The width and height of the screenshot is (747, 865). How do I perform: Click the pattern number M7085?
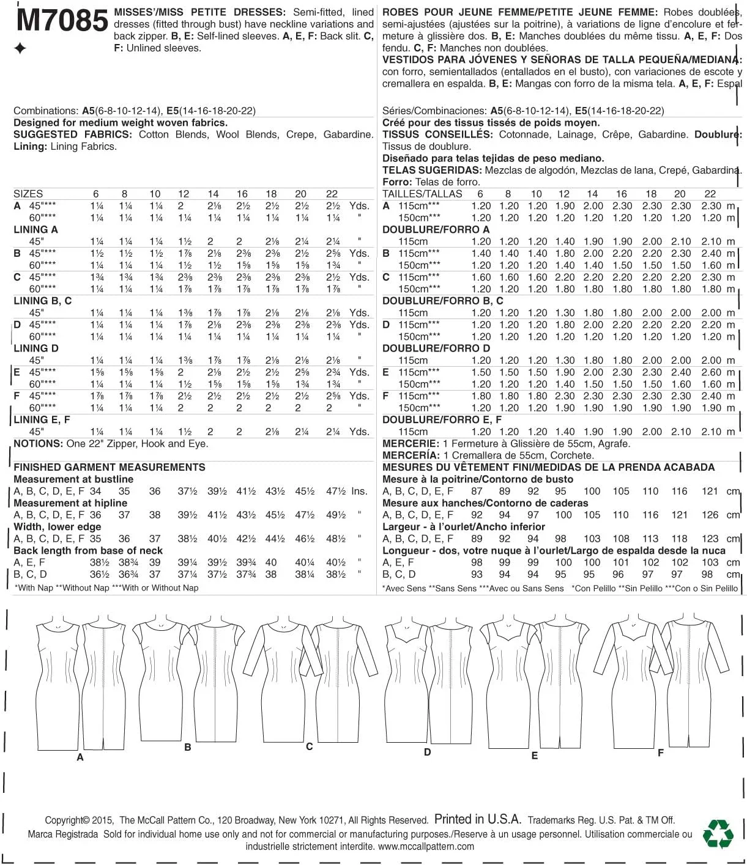tap(62, 21)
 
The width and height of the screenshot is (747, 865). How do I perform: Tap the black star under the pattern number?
tap(20, 49)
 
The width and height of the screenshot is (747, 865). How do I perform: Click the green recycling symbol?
tap(718, 833)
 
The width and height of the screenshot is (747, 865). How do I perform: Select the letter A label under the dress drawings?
tap(80, 757)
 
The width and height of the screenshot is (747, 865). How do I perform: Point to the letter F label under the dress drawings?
tap(661, 753)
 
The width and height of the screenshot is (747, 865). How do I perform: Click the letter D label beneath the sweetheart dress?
tap(427, 753)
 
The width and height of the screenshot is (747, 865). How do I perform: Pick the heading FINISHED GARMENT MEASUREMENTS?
tap(110, 467)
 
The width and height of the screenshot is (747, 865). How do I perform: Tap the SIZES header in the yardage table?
tap(28, 194)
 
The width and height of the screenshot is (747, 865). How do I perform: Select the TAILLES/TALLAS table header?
tap(422, 194)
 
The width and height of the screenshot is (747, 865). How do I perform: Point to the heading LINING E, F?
tap(42, 420)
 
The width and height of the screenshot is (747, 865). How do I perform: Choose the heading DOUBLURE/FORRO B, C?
tap(442, 301)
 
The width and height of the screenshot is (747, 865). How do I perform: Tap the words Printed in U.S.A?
tap(478, 820)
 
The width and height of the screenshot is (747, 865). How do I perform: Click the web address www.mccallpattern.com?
tap(426, 847)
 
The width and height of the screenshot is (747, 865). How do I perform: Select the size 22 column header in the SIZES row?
tap(332, 194)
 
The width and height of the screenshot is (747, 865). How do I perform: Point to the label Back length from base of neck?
tap(88, 551)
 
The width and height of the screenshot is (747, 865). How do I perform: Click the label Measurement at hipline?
tap(70, 503)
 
